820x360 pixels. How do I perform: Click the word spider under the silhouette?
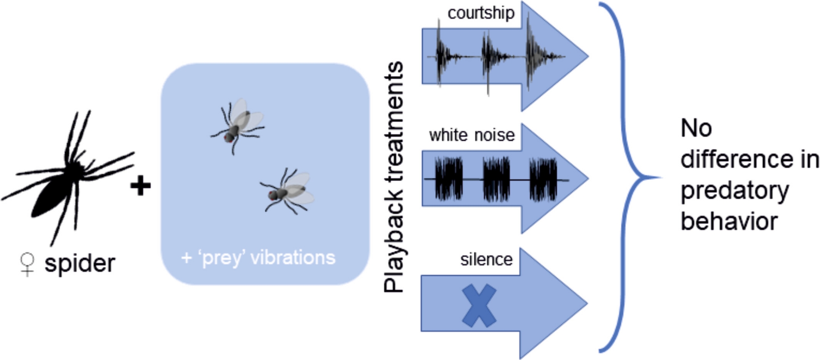point(80,263)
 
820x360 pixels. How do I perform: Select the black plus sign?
point(140,186)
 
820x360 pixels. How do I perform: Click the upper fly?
point(238,125)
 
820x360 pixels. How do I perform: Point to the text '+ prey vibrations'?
point(258,258)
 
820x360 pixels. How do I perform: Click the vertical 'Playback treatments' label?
point(394,176)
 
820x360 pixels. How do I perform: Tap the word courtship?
point(481,13)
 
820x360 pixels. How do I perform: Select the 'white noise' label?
point(472,135)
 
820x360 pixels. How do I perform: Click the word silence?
point(486,260)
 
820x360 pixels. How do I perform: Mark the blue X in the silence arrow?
point(479,306)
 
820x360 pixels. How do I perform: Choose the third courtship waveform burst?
point(533,55)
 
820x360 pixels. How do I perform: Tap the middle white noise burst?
point(496,179)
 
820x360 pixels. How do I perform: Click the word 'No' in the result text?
point(696,128)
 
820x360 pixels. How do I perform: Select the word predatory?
point(734,191)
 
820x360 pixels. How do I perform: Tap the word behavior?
point(729,222)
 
